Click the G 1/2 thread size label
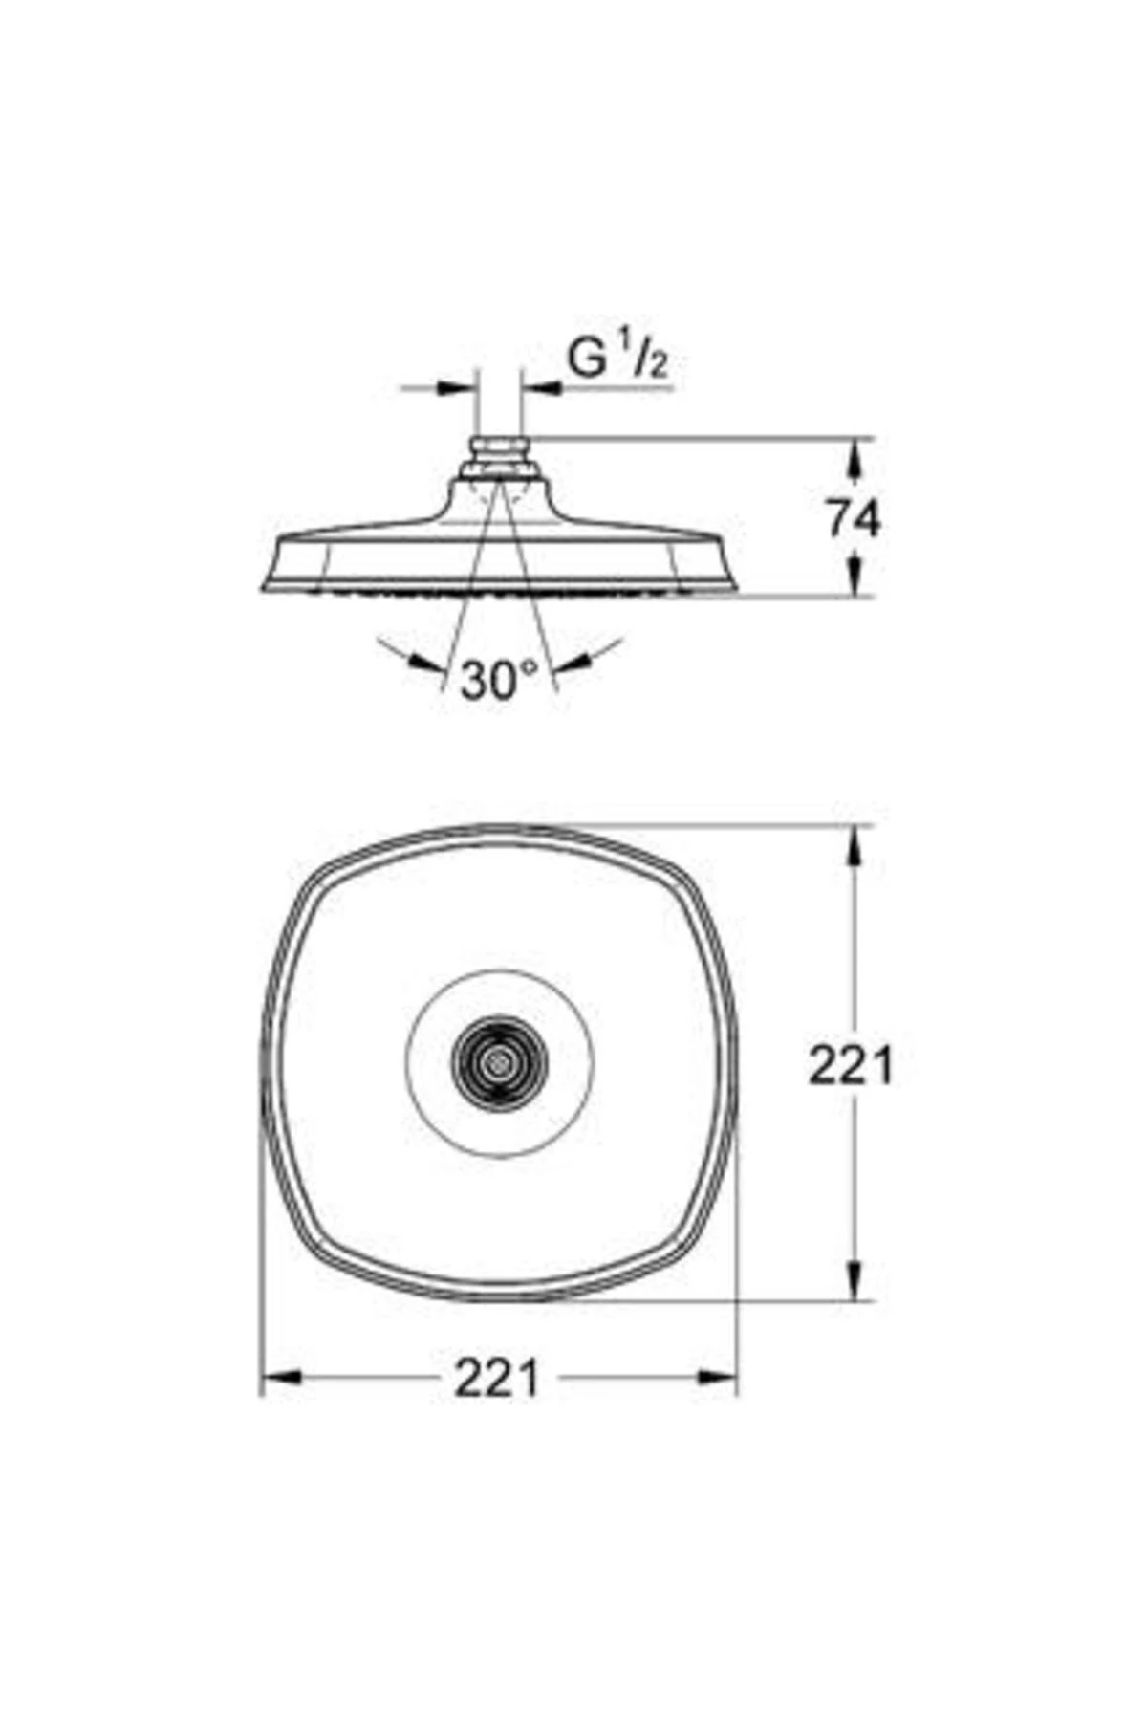click(617, 359)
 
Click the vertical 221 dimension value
click(851, 1064)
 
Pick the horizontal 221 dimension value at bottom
click(497, 1378)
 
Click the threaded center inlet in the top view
click(499, 1063)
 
